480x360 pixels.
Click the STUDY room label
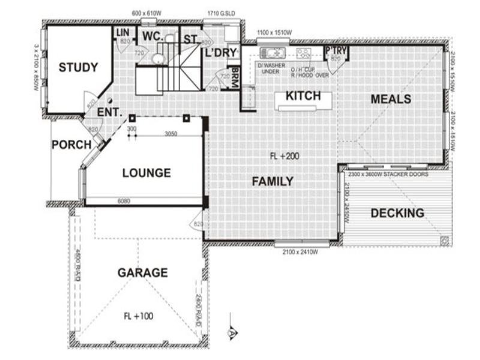click(78, 68)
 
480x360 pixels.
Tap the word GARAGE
click(142, 273)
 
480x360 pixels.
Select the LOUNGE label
click(146, 173)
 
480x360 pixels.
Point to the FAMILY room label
click(272, 181)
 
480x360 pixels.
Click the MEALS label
click(391, 99)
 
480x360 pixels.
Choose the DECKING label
click(397, 213)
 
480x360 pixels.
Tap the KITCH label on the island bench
click(302, 96)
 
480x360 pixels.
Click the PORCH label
click(71, 145)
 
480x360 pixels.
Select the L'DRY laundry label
click(221, 53)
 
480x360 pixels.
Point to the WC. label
click(152, 37)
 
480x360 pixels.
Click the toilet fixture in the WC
click(158, 59)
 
